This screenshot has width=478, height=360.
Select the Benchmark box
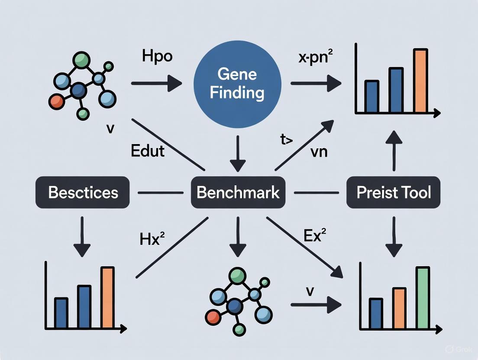[238, 192]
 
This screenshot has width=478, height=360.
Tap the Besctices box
[83, 192]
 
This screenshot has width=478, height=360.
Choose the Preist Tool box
[394, 192]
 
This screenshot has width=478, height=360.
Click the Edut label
[148, 151]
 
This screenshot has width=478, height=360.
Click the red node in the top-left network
[57, 101]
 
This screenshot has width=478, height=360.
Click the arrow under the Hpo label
[156, 83]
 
